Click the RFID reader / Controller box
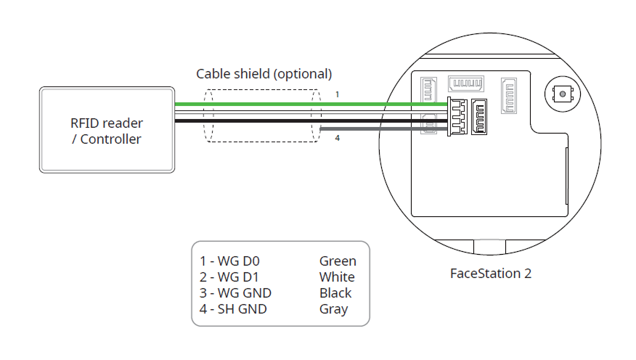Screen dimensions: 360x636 (x=107, y=130)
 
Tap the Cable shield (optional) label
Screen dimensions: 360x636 (x=264, y=74)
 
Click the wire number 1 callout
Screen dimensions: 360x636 (x=337, y=94)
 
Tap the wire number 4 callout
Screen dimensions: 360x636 (x=337, y=138)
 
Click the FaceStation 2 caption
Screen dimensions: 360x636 (x=492, y=274)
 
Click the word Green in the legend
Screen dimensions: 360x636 (x=338, y=261)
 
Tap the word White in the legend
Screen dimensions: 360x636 (x=337, y=277)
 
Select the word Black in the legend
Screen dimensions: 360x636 (x=335, y=293)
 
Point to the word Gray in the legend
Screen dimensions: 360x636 (x=333, y=309)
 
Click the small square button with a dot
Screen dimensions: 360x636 (x=560, y=94)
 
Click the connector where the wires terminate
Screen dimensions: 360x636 (x=457, y=115)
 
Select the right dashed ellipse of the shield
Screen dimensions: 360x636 (x=316, y=115)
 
